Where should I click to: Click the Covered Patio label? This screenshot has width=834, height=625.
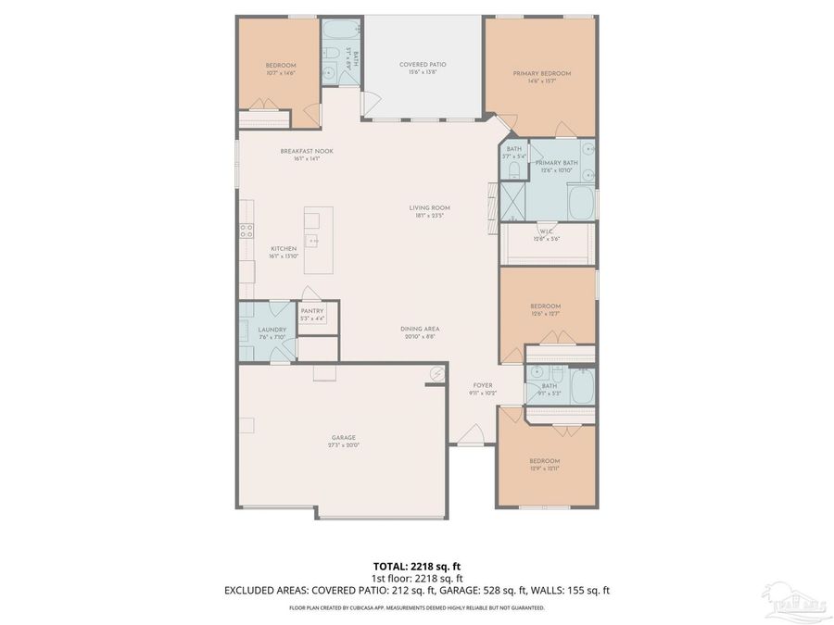tap(423, 64)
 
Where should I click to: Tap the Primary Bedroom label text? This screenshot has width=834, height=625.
tap(542, 73)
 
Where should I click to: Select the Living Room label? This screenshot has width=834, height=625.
tap(429, 207)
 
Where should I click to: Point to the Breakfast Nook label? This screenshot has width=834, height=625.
tap(307, 151)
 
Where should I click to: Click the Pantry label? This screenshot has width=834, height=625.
tap(311, 311)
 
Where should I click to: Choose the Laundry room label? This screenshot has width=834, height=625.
tap(272, 330)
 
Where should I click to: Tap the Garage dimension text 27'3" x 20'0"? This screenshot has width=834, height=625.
tap(344, 445)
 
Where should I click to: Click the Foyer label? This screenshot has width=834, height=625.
tap(483, 385)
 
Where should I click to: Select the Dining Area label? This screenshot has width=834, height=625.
tap(420, 329)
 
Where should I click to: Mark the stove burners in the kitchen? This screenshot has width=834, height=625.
tap(246, 231)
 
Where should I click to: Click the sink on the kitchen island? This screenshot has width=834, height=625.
tap(314, 241)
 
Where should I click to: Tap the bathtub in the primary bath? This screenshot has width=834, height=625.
tap(580, 203)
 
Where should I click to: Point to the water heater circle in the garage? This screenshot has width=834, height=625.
tap(436, 374)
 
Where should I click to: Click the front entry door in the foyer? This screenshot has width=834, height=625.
tap(472, 434)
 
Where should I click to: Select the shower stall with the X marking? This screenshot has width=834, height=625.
tap(512, 201)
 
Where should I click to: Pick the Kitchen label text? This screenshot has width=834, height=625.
tap(283, 249)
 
